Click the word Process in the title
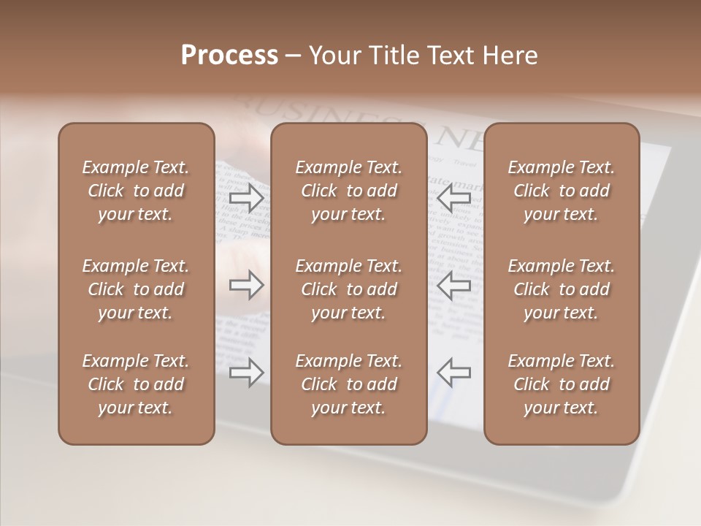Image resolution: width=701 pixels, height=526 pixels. (x=229, y=56)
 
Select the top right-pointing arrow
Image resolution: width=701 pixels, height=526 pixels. (x=246, y=197)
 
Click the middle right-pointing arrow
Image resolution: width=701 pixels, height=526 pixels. (x=246, y=285)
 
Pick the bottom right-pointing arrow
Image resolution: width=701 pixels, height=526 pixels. (x=246, y=373)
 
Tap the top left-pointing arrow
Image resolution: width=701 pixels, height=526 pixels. (x=454, y=197)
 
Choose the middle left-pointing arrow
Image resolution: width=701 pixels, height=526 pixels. (x=454, y=285)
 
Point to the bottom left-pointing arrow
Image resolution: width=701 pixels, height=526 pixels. (x=454, y=373)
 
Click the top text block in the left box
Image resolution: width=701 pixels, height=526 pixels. (x=136, y=191)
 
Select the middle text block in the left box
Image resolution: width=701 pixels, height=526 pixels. (x=136, y=289)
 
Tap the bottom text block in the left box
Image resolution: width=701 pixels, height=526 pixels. (x=136, y=384)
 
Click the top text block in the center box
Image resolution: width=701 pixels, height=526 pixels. (x=349, y=191)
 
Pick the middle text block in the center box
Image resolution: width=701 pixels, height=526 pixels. (x=349, y=289)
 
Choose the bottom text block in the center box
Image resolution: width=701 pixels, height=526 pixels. (x=349, y=384)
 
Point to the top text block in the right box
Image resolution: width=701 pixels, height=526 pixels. (x=562, y=191)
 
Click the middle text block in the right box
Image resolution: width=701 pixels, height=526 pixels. (x=562, y=289)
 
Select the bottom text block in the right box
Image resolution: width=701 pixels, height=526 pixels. (x=562, y=384)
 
